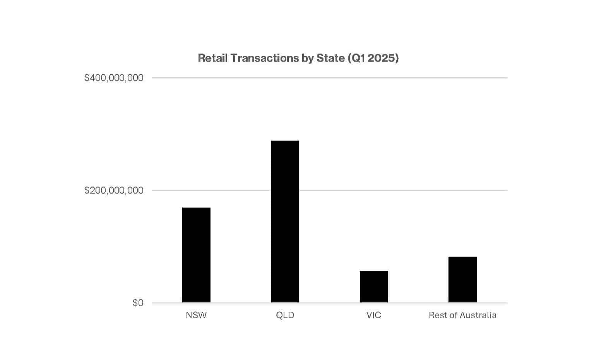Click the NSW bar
pos(196,255)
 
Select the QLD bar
pos(285,221)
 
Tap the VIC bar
pos(374,287)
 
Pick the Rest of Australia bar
pos(462,279)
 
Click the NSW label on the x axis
pos(196,315)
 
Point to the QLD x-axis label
pos(285,315)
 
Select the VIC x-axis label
pos(374,315)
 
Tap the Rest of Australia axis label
pos(462,315)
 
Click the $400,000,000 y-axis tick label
pos(114,78)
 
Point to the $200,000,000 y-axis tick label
pos(114,190)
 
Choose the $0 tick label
pos(138,303)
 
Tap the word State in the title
pos(330,58)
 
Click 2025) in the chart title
pos(383,58)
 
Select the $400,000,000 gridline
pos(329,78)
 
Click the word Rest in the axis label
pos(437,315)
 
